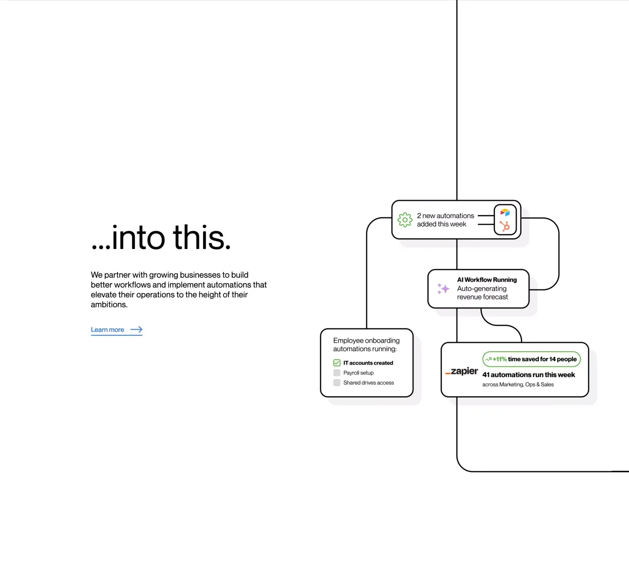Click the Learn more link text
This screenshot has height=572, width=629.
coord(107,330)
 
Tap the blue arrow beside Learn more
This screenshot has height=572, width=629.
coord(136,330)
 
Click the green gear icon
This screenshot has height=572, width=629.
coord(405,220)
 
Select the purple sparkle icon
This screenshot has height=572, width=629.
coord(443,289)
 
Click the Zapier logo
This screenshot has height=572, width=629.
coord(461,371)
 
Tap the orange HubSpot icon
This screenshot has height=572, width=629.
coord(505,226)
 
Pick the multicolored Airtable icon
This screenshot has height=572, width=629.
coord(505,213)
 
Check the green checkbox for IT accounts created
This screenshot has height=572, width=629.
coord(337,363)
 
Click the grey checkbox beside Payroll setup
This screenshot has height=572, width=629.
coord(337,373)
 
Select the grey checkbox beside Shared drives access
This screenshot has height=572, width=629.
coord(337,383)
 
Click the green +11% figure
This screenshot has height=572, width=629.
coord(500,359)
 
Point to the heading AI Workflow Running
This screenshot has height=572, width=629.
coord(487,280)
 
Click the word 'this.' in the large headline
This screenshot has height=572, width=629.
coord(202,237)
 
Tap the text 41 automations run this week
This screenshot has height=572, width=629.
coord(528,375)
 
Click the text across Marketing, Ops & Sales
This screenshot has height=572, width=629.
coord(518,385)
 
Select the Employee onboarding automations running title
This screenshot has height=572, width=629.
coord(366,345)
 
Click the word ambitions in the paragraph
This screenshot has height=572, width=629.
coord(109,305)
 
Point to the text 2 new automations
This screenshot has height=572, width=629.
coord(445,216)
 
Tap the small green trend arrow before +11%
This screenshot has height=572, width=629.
coord(489,359)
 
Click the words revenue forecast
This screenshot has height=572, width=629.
coord(482,297)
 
